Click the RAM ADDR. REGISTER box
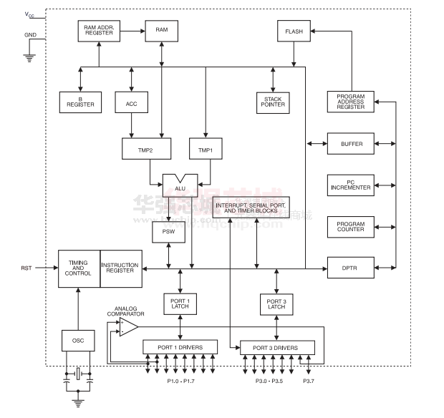pos(98,30)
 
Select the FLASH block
pos(294,31)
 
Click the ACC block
pos(131,103)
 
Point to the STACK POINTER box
pos(273,102)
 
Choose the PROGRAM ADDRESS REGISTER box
pos(351,102)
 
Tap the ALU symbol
pos(180,185)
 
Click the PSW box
pos(168,232)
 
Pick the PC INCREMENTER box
pos(351,185)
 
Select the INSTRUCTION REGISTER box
pos(120,268)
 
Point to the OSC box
pos(77,341)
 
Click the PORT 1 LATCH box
pos(179,304)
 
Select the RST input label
pos(26,268)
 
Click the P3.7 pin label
pos(309,381)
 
